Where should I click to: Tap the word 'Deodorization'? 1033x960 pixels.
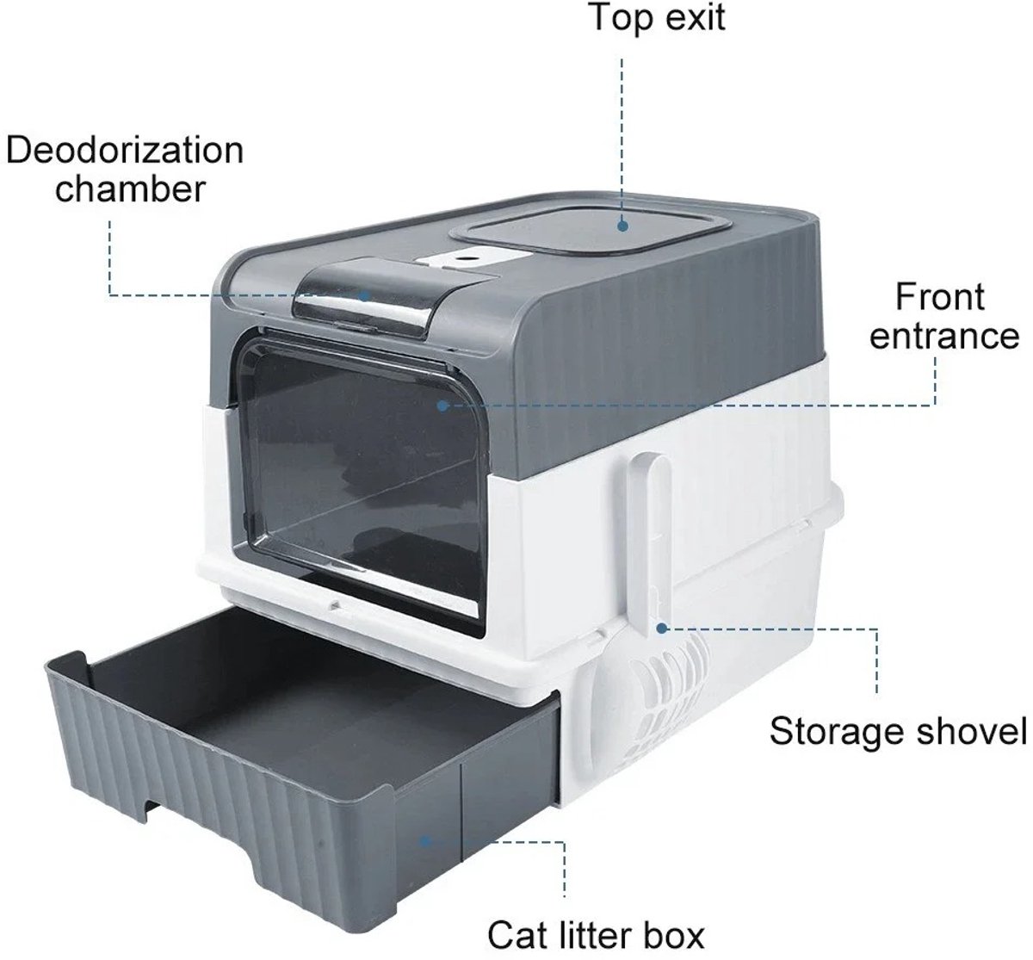pos(125,151)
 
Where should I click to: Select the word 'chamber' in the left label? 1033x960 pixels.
pos(130,189)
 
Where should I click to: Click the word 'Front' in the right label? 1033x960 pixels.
pos(940,297)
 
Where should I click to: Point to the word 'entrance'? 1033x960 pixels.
pos(944,336)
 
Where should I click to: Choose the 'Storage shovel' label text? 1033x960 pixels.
pos(899,731)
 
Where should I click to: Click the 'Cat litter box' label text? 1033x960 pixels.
pos(596,934)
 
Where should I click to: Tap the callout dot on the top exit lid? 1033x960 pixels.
pos(622,226)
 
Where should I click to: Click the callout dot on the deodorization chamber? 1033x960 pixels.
pos(365,295)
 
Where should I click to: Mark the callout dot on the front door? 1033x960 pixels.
pos(442,406)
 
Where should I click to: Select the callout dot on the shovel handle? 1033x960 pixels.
pos(662,629)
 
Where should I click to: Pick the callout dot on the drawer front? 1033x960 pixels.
pos(425,841)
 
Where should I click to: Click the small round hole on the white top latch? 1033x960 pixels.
pos(473,257)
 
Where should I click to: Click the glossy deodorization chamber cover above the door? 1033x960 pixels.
pos(364,299)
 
